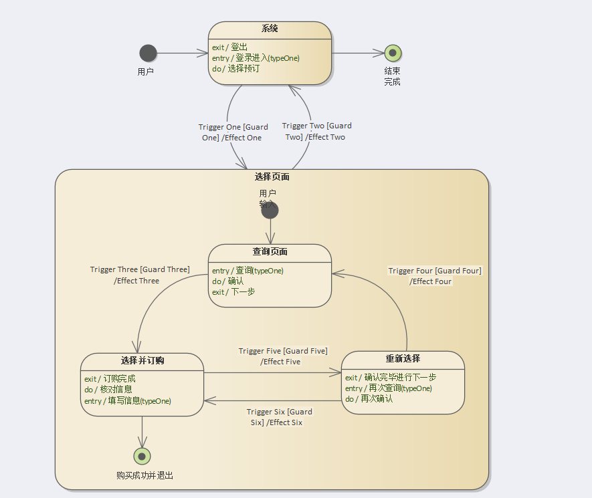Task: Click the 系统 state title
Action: pos(270,29)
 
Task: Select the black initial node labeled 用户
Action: pos(148,53)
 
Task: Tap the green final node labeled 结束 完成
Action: pos(393,53)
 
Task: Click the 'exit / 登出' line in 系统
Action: pos(229,47)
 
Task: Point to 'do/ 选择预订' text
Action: pos(235,68)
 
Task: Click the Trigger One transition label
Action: pos(233,132)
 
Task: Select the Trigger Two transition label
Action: pos(316,131)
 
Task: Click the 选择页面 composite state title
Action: pos(272,177)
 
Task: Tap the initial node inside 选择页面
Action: pos(270,211)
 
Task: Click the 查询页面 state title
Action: pos(270,252)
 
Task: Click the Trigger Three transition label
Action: pos(140,275)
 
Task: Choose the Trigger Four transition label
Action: pos(435,276)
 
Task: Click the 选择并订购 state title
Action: pos(142,361)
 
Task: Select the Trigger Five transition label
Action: pos(282,356)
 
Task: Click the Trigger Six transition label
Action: pos(278,417)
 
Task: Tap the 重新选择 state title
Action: pos(403,358)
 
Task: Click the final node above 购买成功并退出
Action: pos(142,456)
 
